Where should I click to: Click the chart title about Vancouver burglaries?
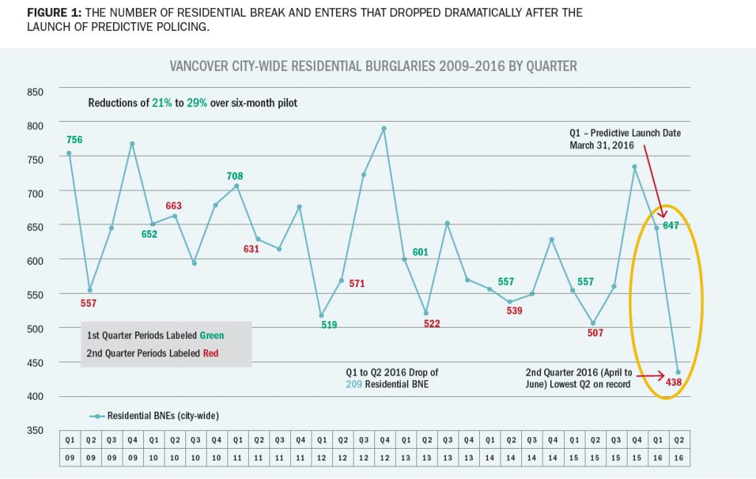tap(373, 66)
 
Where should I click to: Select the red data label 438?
tap(673, 383)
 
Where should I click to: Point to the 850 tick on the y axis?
tap(35, 92)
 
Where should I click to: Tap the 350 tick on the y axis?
tap(35, 430)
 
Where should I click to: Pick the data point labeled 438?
tap(678, 372)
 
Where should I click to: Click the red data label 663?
tap(173, 206)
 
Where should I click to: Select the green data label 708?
tap(235, 176)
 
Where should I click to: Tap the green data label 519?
tap(329, 324)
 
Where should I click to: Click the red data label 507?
tap(595, 333)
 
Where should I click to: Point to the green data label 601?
tap(420, 252)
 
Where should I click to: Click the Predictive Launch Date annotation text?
tap(625, 139)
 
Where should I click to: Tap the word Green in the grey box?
tap(210, 335)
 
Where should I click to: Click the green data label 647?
tap(670, 225)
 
